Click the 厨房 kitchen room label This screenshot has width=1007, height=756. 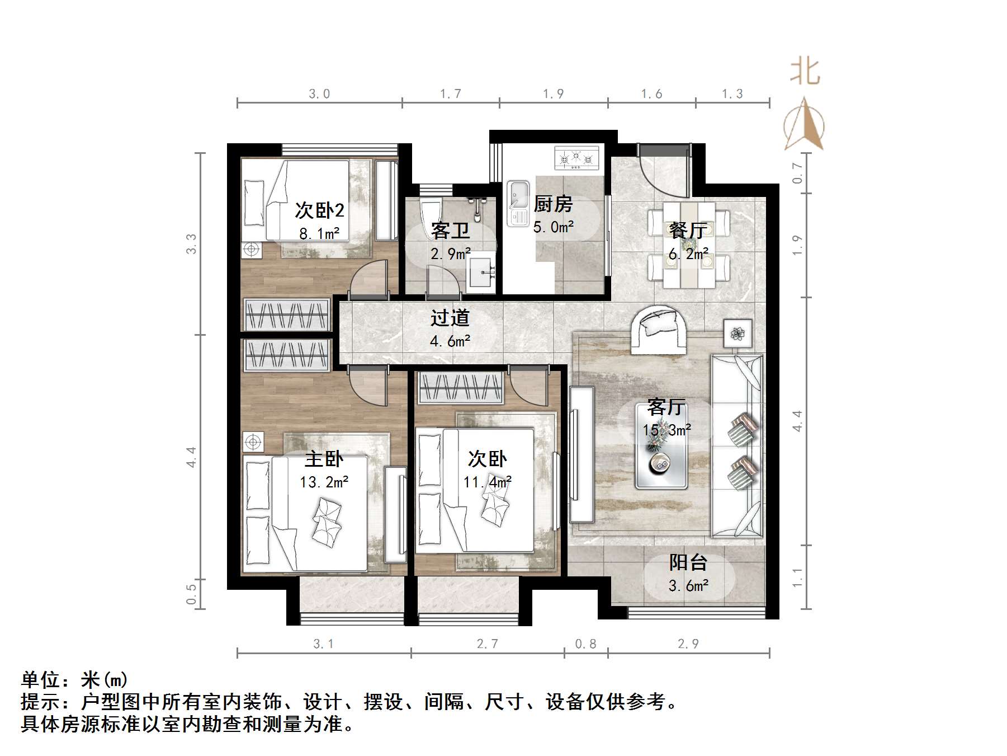(552, 204)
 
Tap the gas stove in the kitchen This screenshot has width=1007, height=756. (576, 158)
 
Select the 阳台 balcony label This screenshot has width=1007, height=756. (688, 562)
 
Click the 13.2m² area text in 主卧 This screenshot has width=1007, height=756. (324, 482)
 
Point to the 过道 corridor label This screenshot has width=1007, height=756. (450, 318)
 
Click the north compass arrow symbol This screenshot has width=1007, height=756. (803, 124)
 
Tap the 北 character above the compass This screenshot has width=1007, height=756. (805, 72)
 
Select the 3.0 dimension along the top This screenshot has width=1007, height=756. (319, 94)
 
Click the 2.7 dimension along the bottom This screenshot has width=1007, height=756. (487, 644)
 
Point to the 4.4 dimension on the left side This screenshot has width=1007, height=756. (192, 457)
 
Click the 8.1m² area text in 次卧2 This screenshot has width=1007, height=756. (319, 233)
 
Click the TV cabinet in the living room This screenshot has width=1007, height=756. (581, 454)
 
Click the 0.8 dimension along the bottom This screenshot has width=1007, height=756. (585, 644)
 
